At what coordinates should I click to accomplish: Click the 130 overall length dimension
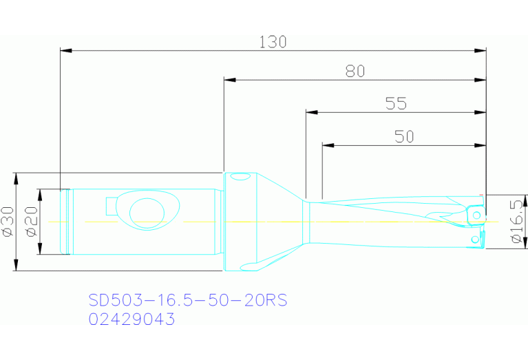273,42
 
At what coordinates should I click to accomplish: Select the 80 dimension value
355,72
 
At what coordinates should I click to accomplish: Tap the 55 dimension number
396,103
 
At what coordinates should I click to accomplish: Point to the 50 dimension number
404,136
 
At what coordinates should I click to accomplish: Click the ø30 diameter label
9,221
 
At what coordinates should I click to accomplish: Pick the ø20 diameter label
31,221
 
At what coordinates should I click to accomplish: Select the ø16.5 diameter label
518,220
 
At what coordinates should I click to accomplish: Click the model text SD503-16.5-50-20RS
187,301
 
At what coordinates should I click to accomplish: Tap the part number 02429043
131,319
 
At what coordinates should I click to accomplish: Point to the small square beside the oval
112,206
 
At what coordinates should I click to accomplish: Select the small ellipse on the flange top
240,178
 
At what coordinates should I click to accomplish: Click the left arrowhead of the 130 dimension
65,50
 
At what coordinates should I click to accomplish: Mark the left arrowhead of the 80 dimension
230,80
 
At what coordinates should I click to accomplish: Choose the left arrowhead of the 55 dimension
310,112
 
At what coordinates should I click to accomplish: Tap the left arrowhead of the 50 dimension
327,145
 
